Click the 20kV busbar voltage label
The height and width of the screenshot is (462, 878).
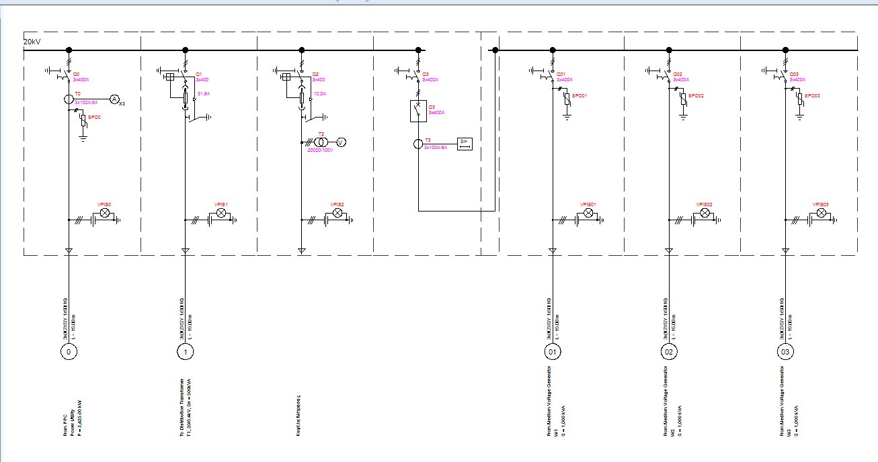32,42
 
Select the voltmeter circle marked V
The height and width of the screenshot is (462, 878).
341,142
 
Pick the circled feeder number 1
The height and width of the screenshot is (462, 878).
185,351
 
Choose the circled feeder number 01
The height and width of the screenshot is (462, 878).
553,351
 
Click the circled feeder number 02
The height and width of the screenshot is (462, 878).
669,351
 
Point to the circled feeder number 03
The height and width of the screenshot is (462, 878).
785,351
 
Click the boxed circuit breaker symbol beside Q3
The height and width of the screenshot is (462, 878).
418,111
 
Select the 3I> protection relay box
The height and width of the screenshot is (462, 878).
465,142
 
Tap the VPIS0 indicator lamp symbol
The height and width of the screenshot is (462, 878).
105,213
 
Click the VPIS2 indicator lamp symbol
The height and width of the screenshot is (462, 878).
338,213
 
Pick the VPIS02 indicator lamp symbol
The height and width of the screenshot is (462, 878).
705,213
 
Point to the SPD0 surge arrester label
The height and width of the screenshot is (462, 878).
94,118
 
